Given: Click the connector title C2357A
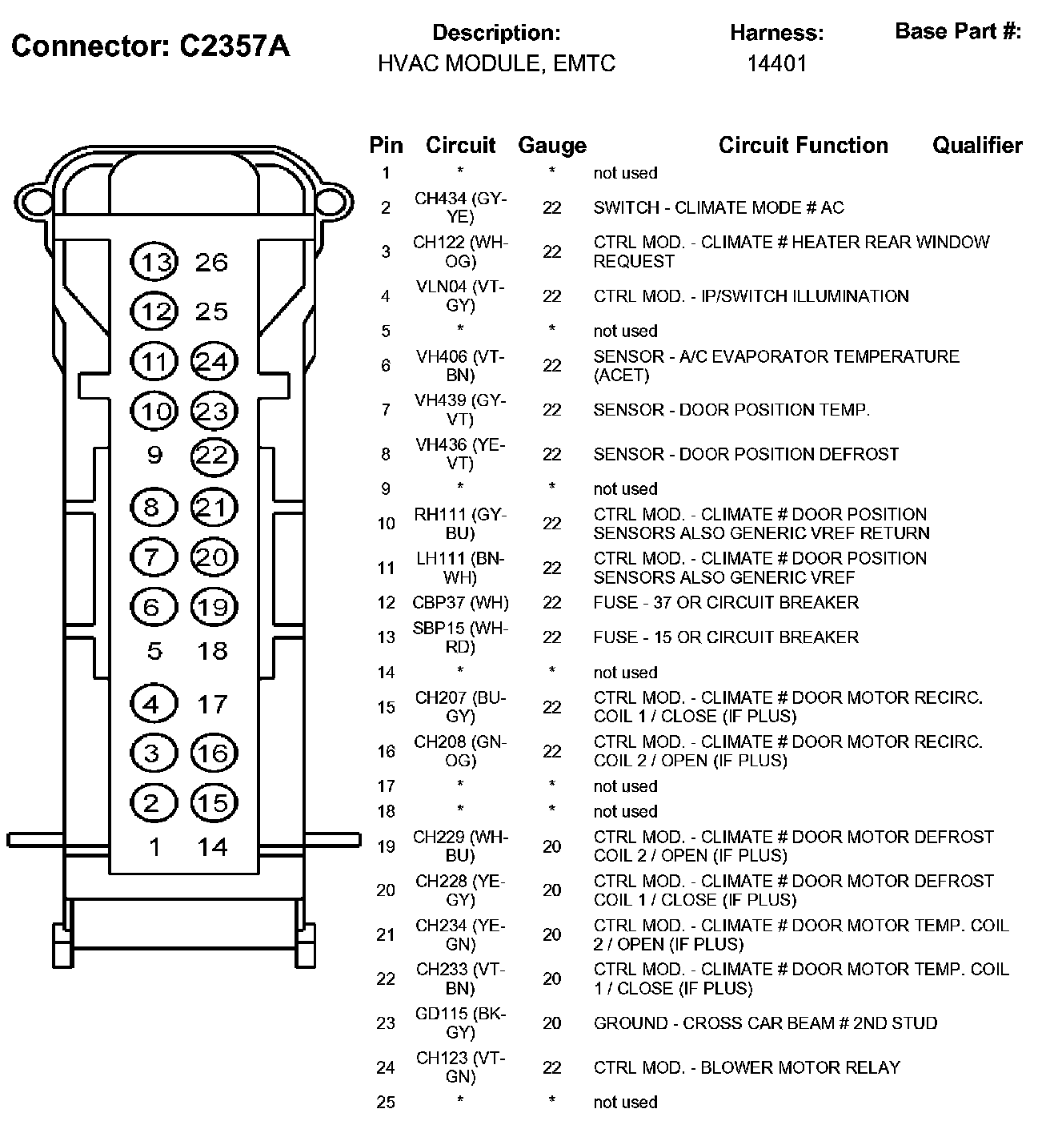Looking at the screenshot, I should [150, 46].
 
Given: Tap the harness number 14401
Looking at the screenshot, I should [776, 63].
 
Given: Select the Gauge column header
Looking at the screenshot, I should [552, 146].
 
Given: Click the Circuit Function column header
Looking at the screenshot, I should [803, 146].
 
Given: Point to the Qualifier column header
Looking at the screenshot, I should [977, 146].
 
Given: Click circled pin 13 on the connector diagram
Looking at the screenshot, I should [154, 263].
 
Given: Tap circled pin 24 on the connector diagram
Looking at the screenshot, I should [213, 363].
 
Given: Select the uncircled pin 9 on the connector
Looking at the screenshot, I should [154, 456].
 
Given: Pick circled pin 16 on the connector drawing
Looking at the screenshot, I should [213, 753].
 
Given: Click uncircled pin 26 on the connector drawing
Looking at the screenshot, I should [212, 263].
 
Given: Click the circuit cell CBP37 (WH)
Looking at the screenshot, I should [460, 603].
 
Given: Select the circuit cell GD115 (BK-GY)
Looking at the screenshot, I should [460, 1023].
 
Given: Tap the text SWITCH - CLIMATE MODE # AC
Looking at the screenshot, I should [719, 208].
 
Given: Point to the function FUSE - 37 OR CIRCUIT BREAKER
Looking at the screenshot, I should [726, 603].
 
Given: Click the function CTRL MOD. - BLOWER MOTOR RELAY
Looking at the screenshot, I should [747, 1068].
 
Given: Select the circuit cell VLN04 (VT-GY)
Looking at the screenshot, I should [460, 296].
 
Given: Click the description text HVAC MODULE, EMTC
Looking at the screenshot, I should [496, 63].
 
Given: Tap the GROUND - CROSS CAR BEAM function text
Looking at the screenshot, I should [765, 1023].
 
